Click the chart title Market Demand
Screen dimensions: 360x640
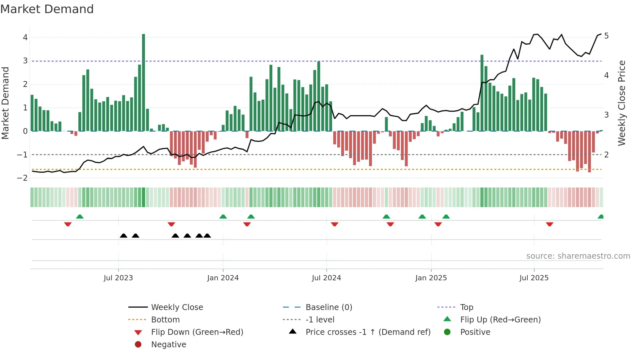[x=47, y=9]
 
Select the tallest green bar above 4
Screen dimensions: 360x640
[x=143, y=82]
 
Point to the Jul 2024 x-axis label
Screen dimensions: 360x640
[x=326, y=278]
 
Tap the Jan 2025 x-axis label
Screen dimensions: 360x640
[x=431, y=278]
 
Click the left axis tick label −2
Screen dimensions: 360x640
[x=23, y=178]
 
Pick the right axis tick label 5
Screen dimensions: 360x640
[x=606, y=36]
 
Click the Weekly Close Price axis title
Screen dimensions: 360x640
[x=622, y=103]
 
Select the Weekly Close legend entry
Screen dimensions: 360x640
[x=177, y=307]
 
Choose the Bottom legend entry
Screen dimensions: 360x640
[x=165, y=320]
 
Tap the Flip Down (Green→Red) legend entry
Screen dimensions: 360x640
[x=197, y=332]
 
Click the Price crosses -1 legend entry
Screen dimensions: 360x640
[x=368, y=332]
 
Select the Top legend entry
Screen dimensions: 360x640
[x=467, y=307]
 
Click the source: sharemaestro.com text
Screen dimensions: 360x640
[x=578, y=256]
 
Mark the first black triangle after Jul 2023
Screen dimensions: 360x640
[x=123, y=236]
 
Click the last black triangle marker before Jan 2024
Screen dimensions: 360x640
[x=207, y=236]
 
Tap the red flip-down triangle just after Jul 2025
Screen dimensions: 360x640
[x=550, y=224]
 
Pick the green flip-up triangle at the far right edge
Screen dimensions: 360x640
[x=600, y=217]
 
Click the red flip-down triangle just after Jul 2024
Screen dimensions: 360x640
[x=334, y=224]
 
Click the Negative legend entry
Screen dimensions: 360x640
[x=168, y=345]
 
